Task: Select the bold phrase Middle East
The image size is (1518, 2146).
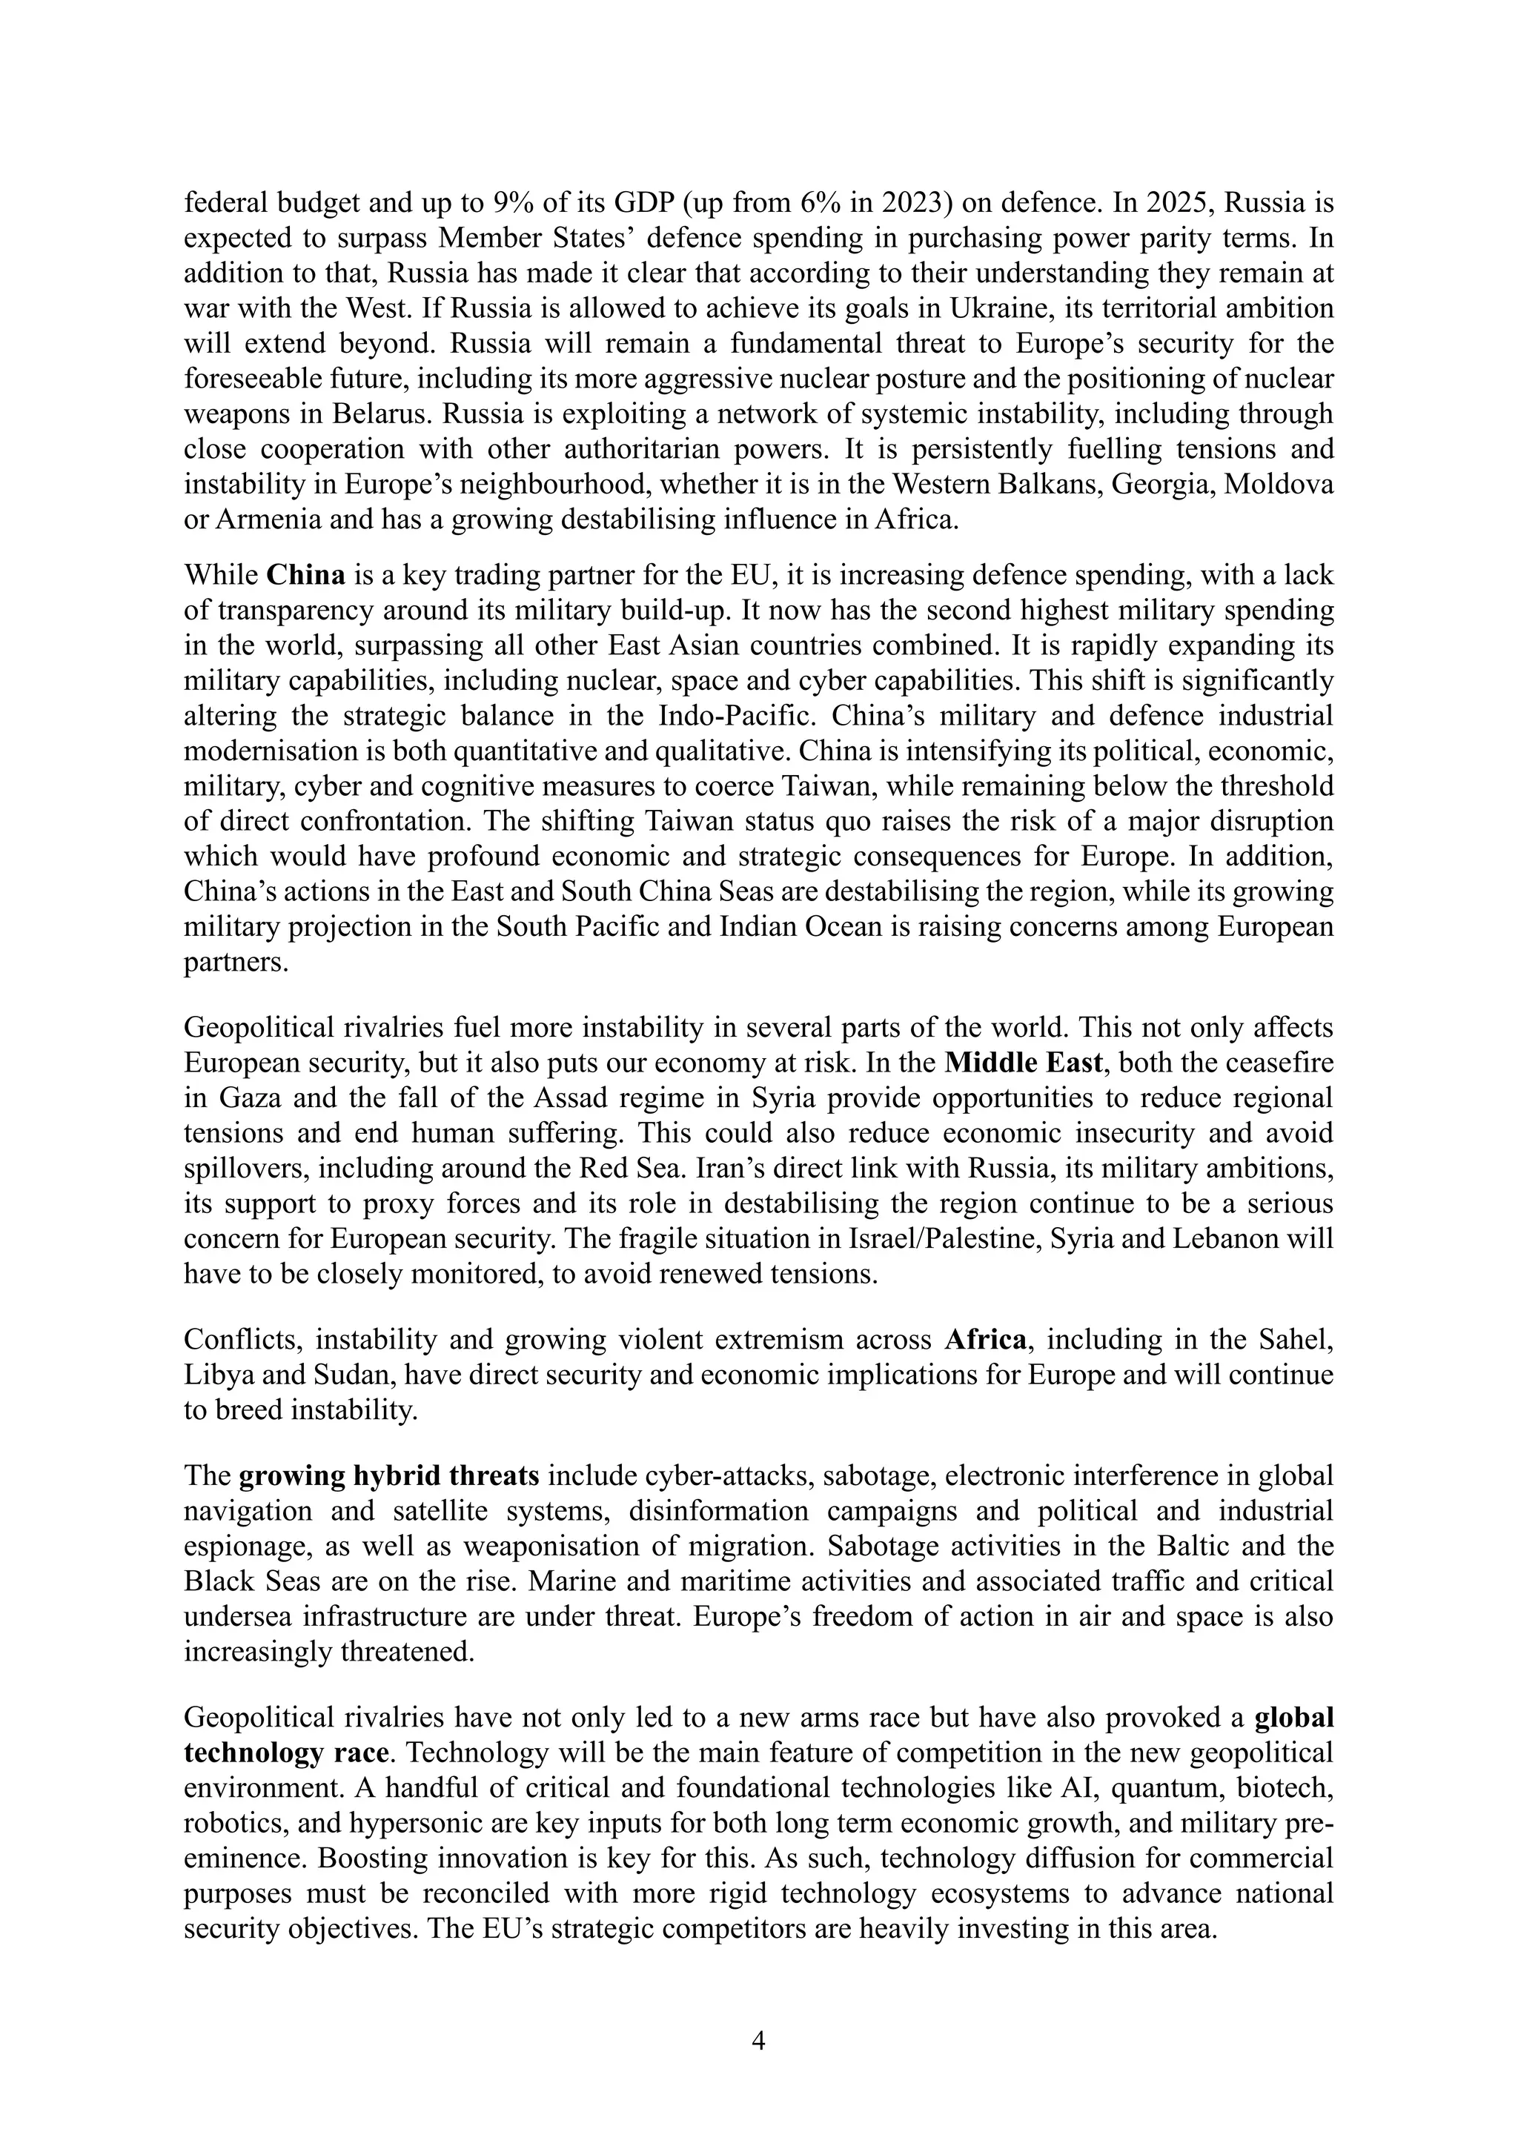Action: point(1024,1063)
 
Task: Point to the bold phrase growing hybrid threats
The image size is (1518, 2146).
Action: point(389,1476)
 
